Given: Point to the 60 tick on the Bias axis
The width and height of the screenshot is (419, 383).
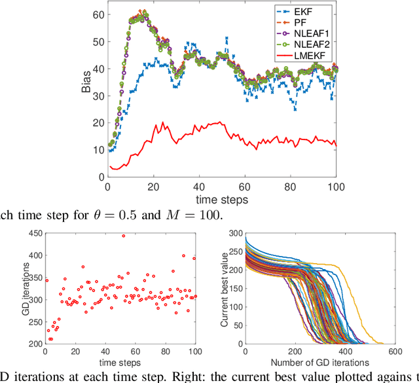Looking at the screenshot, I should tap(100, 14).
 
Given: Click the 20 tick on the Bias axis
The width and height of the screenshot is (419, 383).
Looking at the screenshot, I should tap(100, 122).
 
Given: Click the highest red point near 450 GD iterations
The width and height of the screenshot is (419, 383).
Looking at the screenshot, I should tap(123, 236).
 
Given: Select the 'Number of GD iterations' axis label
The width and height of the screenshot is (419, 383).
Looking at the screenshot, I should tap(306, 362).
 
